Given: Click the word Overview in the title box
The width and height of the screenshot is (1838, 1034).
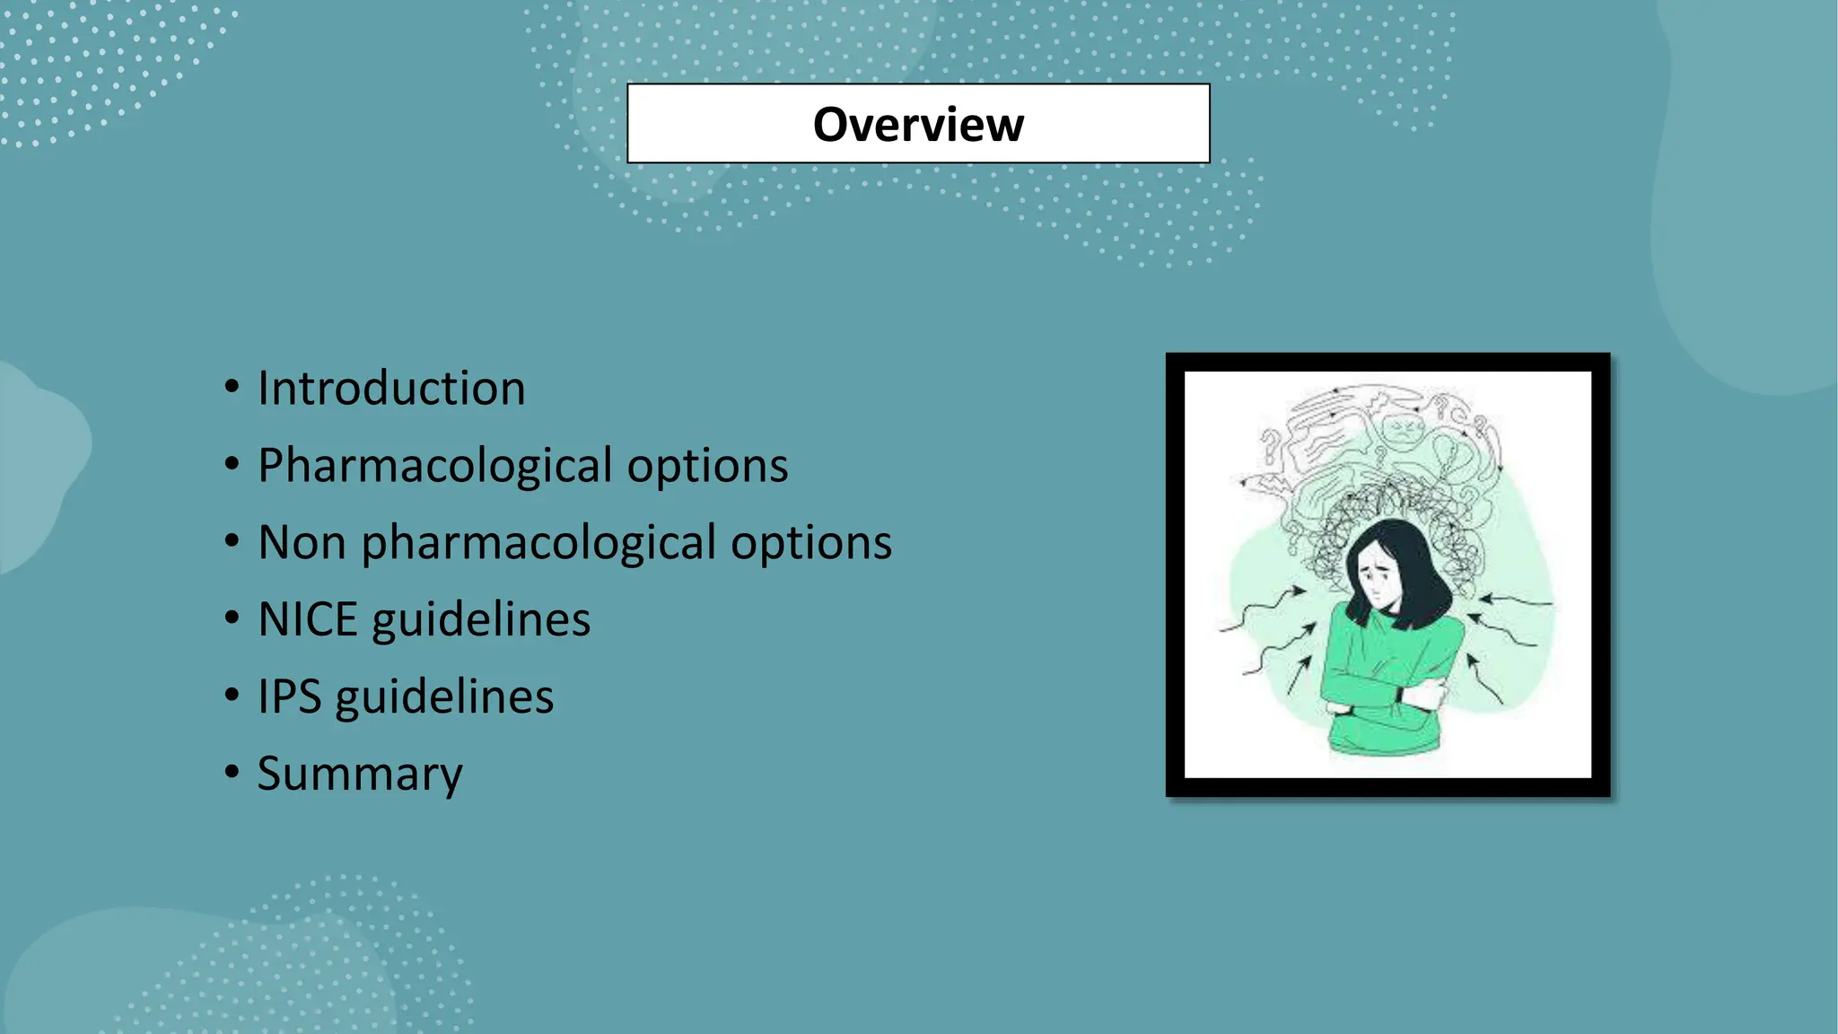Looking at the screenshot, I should tap(918, 124).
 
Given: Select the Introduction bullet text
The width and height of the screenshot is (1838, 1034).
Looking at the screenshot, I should tap(391, 388).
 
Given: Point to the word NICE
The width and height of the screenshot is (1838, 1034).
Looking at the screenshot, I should tap(307, 619).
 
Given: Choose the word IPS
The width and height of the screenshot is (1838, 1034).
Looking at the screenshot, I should tap(289, 697).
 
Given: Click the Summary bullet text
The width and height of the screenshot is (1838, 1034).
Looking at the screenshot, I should tap(360, 774).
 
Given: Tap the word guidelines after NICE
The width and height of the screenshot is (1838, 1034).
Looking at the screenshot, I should tap(481, 619).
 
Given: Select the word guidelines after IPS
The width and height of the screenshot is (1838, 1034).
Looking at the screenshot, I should tap(444, 697).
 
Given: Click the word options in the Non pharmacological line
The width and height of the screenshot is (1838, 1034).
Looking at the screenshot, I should tap(810, 542).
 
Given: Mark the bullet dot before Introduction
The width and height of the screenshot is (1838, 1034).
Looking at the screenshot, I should tap(232, 388).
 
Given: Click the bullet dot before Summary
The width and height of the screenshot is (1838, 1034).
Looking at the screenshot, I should tap(232, 773).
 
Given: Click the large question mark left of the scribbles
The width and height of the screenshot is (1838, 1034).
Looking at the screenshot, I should tap(1270, 446).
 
